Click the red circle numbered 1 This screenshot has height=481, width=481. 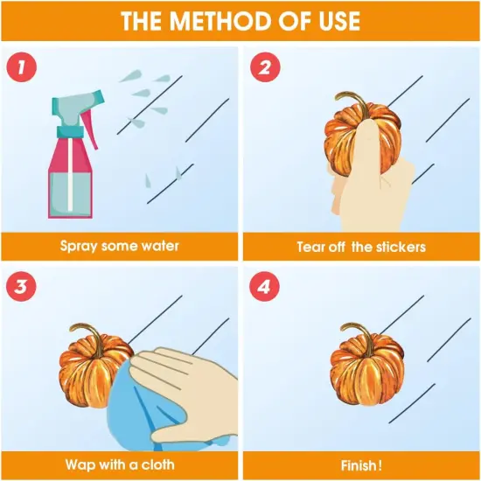pos(21,67)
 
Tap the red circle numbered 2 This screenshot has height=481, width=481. pos(265,67)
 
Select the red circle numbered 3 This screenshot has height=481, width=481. pos(21,287)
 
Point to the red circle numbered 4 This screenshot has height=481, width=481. pos(264,287)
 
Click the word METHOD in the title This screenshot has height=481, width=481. pos(221,21)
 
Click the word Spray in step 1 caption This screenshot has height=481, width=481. pos(79,247)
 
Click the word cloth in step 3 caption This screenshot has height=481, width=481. pos(158,464)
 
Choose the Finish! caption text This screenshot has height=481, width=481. pos(361,465)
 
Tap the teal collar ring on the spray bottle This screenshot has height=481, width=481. pos(70,131)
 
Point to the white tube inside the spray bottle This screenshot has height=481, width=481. pos(70,174)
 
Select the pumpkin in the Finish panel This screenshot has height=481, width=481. pos(367,364)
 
